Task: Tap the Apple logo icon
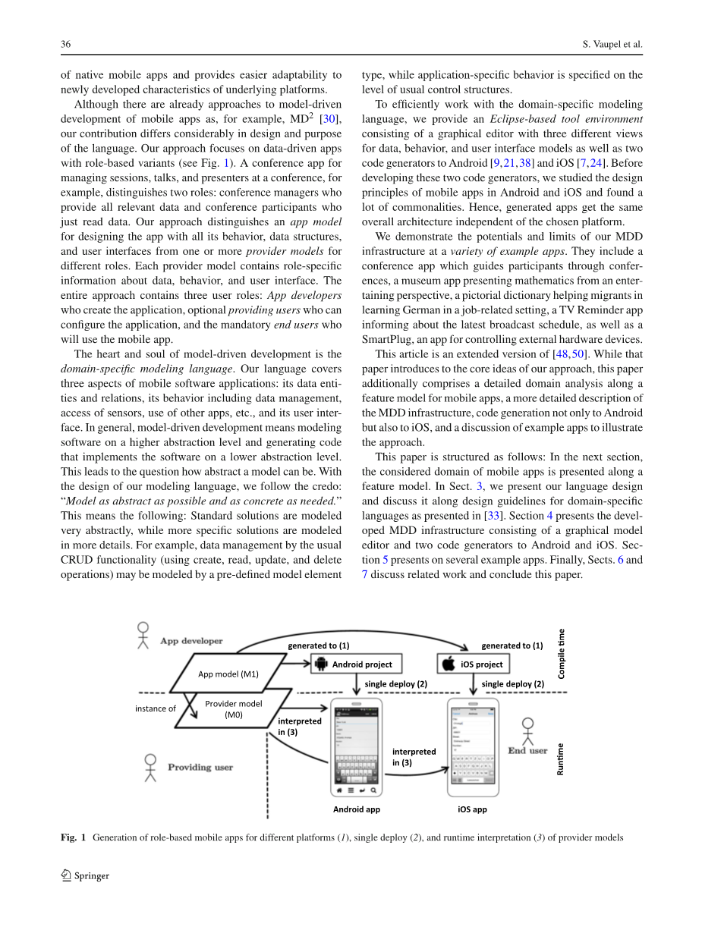pyautogui.click(x=449, y=664)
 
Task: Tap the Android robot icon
pyautogui.click(x=320, y=664)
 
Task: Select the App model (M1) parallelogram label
pyautogui.click(x=228, y=674)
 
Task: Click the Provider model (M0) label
pyautogui.click(x=233, y=708)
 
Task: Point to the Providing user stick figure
pyautogui.click(x=150, y=768)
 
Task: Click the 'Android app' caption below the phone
pyautogui.click(x=357, y=809)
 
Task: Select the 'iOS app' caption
pyautogui.click(x=472, y=809)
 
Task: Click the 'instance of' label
pyautogui.click(x=156, y=708)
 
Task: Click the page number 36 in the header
pyautogui.click(x=66, y=45)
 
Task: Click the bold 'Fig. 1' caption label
pyautogui.click(x=73, y=838)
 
